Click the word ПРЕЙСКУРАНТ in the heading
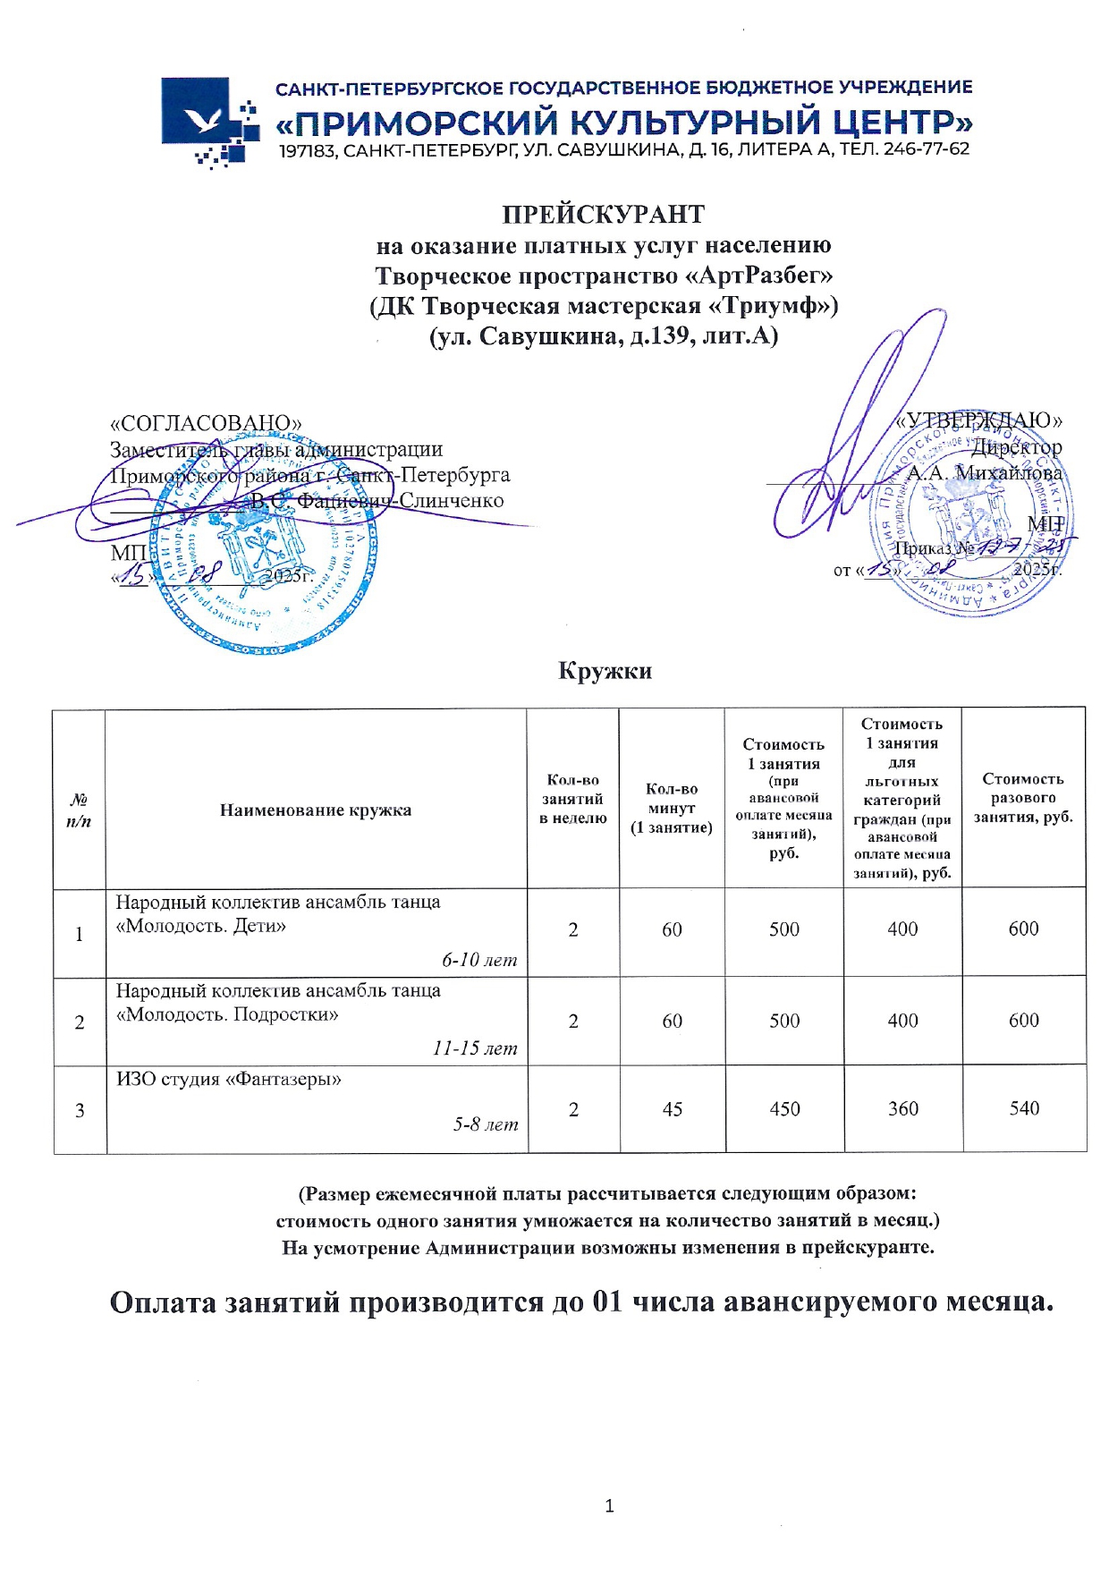[603, 215]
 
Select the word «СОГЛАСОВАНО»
[206, 423]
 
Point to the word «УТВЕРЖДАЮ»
[979, 420]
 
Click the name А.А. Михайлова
[985, 473]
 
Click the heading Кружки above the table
[605, 671]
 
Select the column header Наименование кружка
[316, 810]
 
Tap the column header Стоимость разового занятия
[1023, 798]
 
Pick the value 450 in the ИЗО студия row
[784, 1109]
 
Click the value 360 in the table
[902, 1109]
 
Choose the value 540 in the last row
[1024, 1109]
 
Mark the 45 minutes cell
[672, 1109]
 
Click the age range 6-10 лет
[479, 961]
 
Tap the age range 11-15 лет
[475, 1048]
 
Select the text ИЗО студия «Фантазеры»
[229, 1080]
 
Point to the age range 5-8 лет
[486, 1124]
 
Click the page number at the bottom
[609, 1506]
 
